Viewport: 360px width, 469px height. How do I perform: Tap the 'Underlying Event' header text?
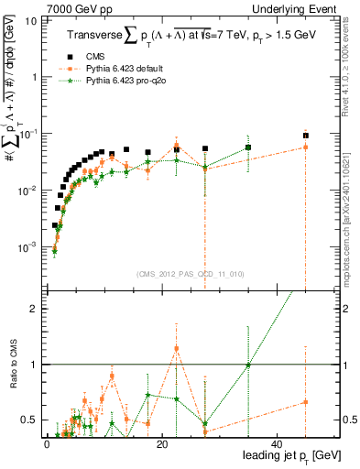(x=300, y=7)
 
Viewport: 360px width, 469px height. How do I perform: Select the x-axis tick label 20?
(x=162, y=442)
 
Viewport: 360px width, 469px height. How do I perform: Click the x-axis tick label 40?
(x=278, y=442)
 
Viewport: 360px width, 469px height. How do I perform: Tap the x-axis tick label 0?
(x=47, y=442)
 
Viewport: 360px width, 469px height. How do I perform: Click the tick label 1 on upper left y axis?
(x=35, y=77)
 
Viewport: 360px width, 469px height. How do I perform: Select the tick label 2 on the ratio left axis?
(x=35, y=309)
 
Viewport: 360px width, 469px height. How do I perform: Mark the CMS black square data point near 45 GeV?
(x=306, y=136)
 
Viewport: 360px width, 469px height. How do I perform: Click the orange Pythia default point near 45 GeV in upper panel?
(x=306, y=147)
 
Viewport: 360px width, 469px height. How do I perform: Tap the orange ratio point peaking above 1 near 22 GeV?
(x=176, y=349)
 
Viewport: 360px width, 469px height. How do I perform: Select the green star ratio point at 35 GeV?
(x=248, y=365)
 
